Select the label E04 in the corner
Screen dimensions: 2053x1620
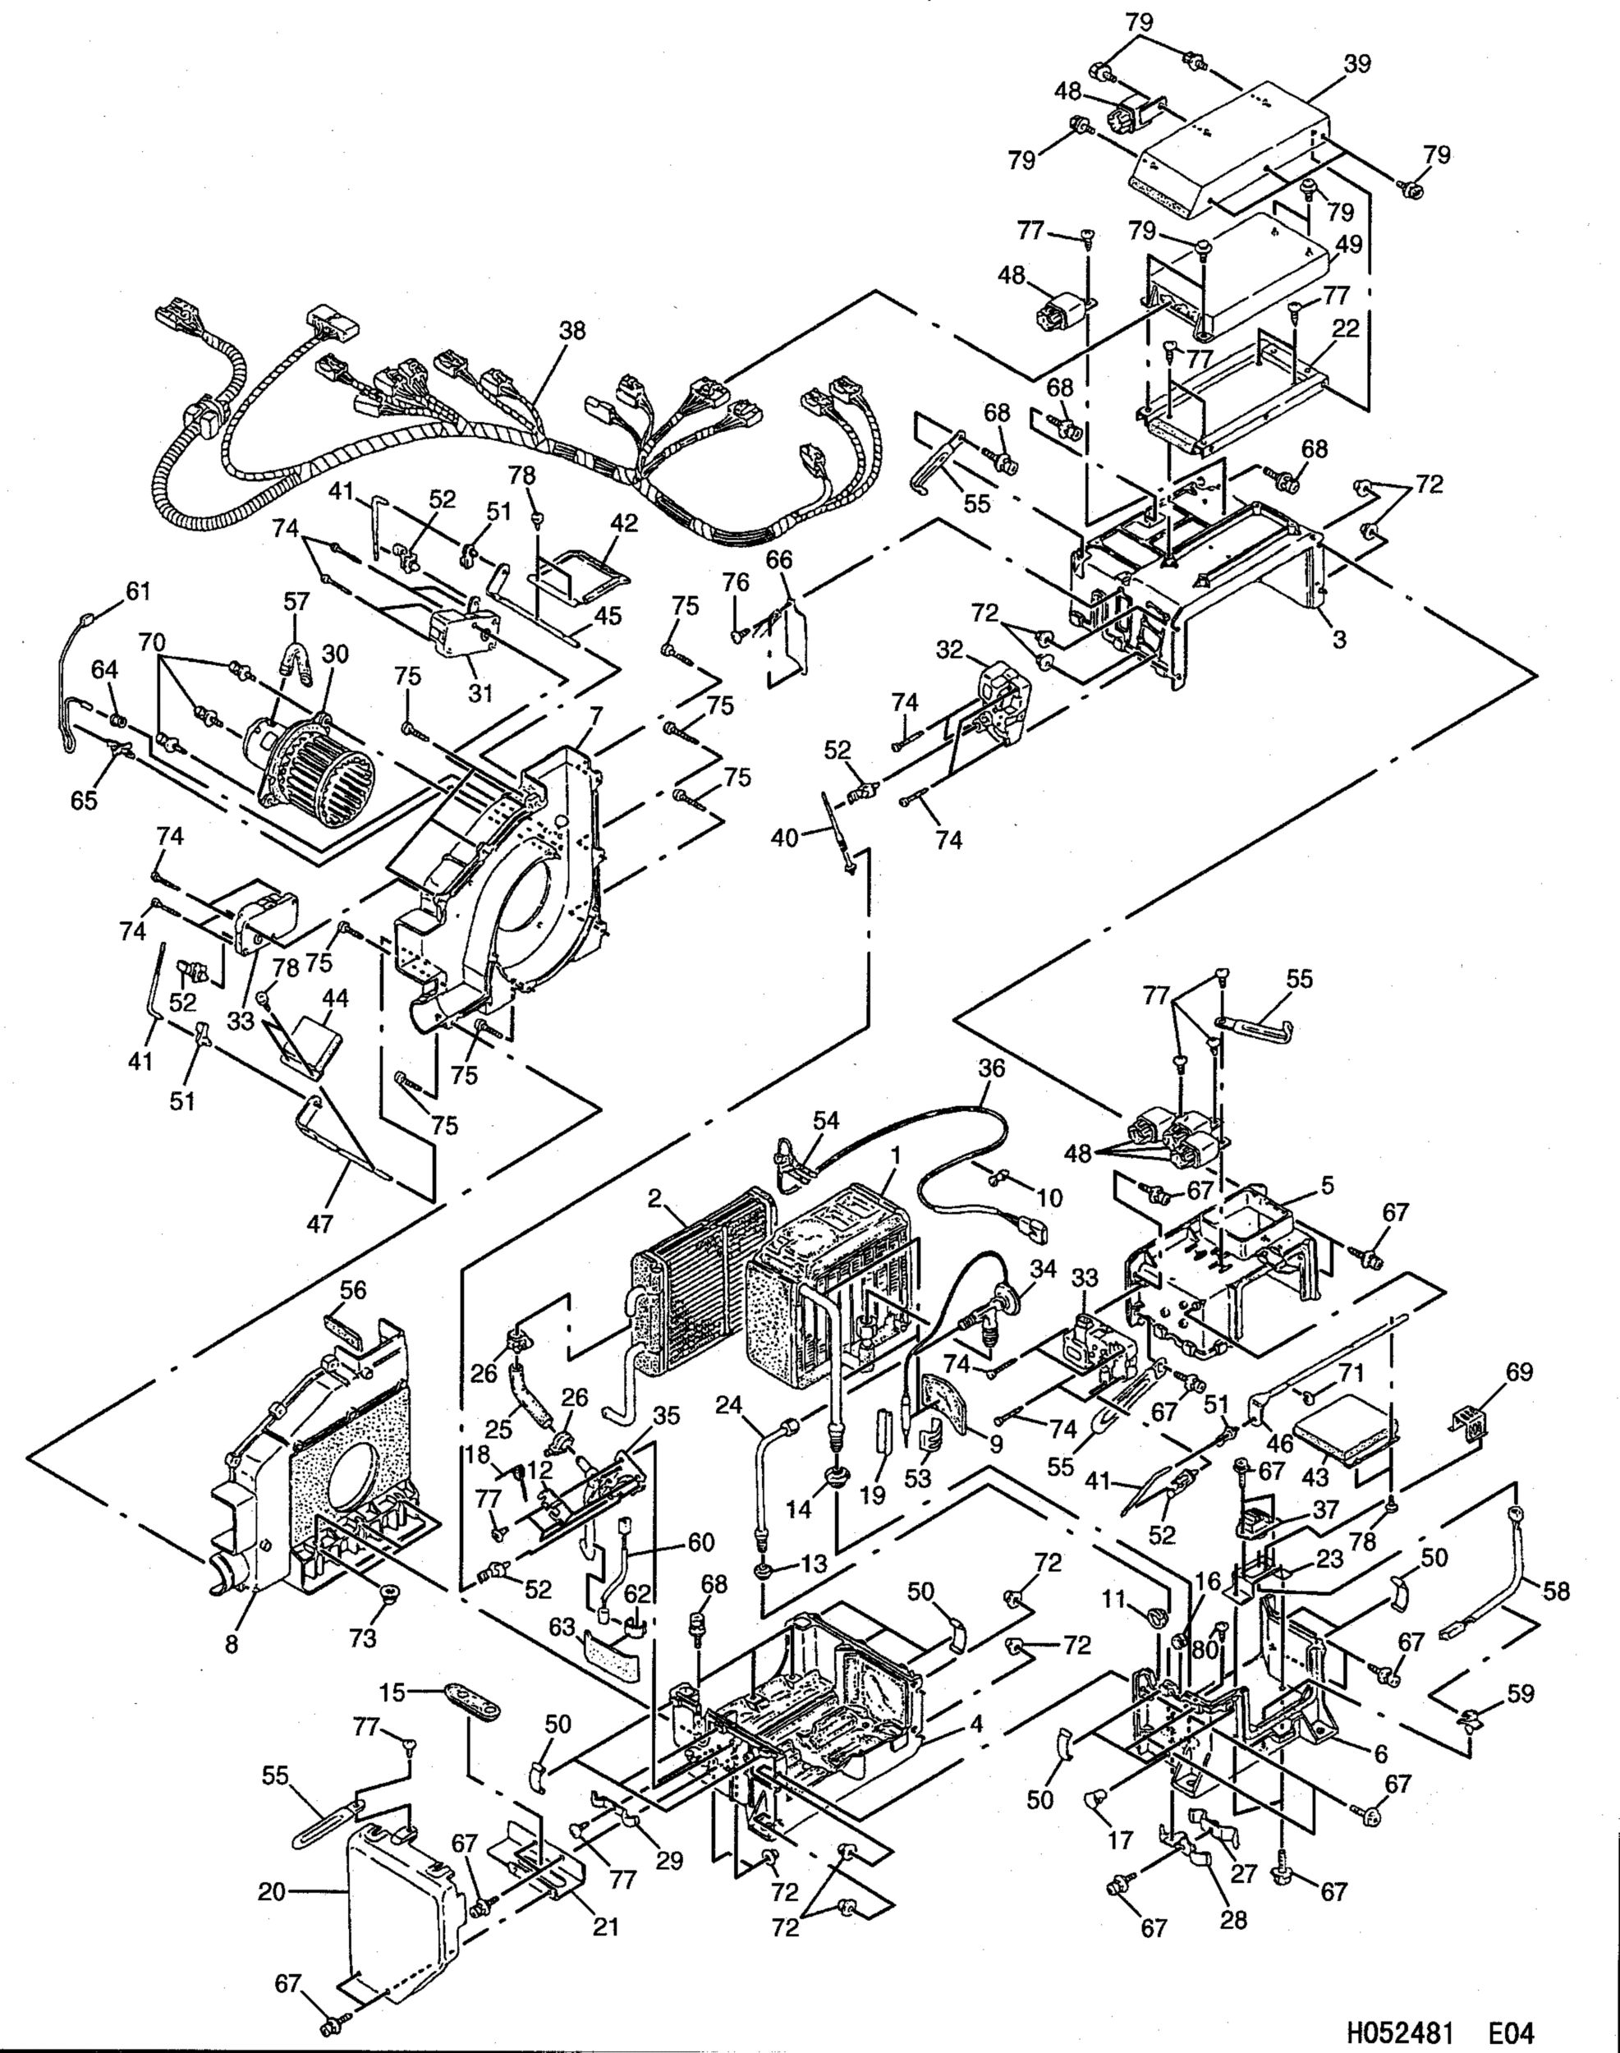(1510, 2027)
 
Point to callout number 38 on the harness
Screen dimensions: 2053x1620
(572, 332)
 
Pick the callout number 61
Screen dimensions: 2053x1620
(139, 592)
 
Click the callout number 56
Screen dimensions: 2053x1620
(353, 1290)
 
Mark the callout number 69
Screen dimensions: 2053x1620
(1518, 1373)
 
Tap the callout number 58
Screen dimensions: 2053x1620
(1555, 1590)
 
